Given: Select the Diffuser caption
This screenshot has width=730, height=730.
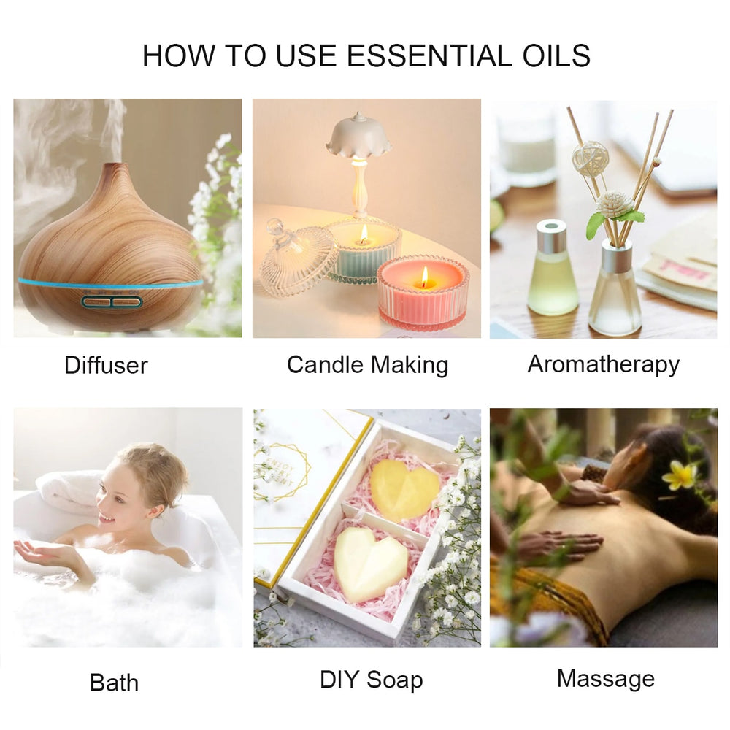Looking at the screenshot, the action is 106,365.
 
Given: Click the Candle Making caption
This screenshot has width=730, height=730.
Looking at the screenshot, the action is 367,365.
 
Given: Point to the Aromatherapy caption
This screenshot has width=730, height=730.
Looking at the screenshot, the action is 604,364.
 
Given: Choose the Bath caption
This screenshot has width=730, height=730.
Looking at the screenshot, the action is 114,683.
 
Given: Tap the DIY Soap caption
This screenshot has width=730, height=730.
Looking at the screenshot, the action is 371,680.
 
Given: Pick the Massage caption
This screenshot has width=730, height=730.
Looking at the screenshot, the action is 606,679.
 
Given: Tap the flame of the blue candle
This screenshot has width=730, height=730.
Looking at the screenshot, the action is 364,234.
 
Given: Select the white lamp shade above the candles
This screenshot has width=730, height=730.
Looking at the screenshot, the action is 358,136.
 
